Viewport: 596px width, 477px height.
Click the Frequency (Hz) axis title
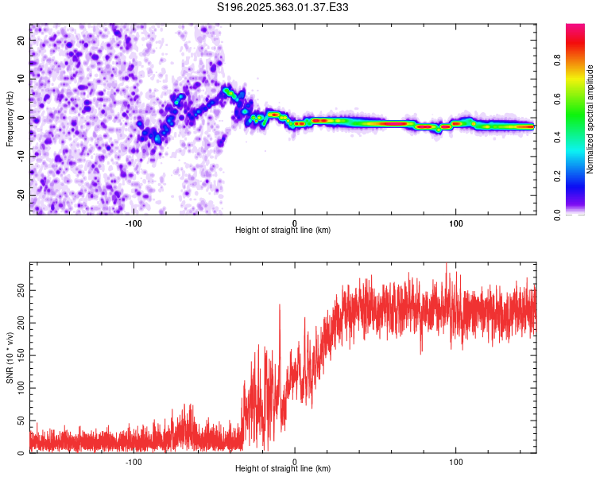(x=10, y=119)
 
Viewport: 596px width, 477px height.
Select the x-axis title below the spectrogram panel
(x=283, y=231)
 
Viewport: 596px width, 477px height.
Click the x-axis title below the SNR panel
(x=283, y=469)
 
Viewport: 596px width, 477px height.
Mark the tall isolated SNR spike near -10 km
(x=280, y=305)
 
